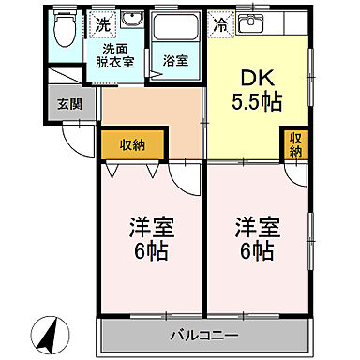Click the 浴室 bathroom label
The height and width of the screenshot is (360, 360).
coord(174,61)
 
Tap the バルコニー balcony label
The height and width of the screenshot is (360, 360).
coord(204,335)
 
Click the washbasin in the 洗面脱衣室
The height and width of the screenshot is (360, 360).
coord(130,23)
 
